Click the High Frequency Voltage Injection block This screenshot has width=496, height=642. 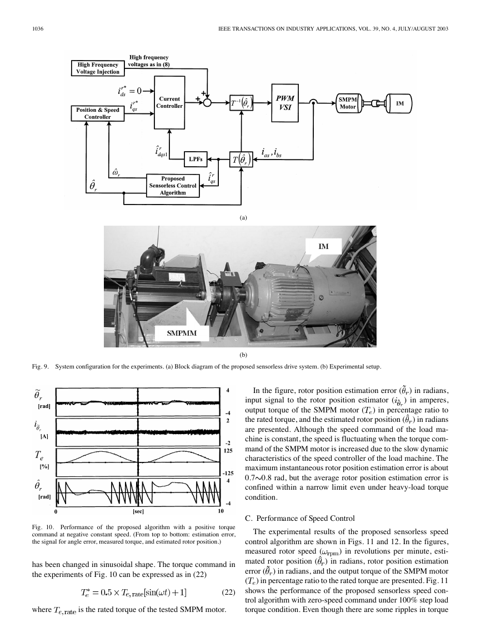click(x=97, y=68)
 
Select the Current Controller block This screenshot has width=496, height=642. click(x=169, y=103)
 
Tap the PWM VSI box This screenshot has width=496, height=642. click(x=285, y=103)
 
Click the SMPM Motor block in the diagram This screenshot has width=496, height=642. click(x=348, y=103)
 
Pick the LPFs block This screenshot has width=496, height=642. click(x=196, y=160)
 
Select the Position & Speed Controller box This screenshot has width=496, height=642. click(x=97, y=113)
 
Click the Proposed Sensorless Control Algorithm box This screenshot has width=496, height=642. click(x=173, y=186)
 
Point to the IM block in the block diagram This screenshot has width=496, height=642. click(x=400, y=103)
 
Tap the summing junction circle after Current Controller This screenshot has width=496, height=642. click(x=207, y=103)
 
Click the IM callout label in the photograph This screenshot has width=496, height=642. click(x=323, y=246)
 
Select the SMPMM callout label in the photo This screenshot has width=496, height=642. click(x=182, y=333)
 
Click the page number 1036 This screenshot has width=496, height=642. click(x=38, y=29)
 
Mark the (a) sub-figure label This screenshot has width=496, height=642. click(x=243, y=217)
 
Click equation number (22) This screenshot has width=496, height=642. click(x=228, y=592)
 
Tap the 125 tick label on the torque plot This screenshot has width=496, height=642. click(x=228, y=450)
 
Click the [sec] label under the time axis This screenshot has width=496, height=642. click(x=138, y=511)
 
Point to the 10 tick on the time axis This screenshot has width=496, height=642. click(x=221, y=511)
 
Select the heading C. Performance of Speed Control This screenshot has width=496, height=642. click(x=299, y=519)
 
